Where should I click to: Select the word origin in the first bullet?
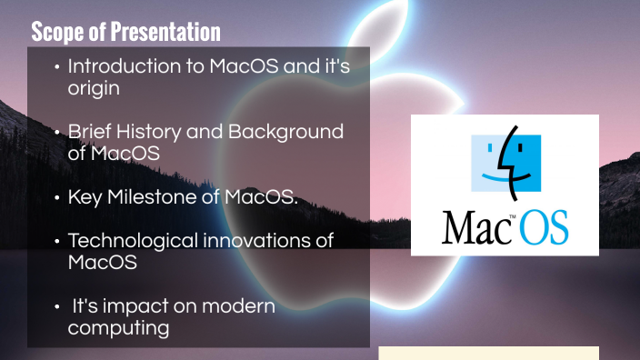[94, 89]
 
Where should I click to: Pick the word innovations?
[282, 241]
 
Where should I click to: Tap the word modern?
[239, 306]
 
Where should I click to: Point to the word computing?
[118, 328]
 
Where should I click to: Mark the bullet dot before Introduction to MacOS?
[57, 67]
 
